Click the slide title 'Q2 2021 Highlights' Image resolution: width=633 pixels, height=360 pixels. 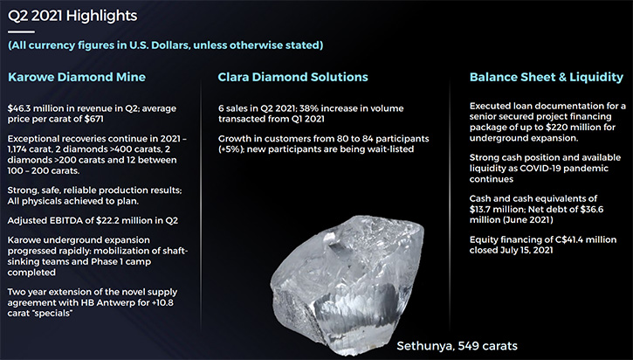coord(72,16)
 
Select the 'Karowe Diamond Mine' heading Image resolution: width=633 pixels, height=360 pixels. coord(77,77)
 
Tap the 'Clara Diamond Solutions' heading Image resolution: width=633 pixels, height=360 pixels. coord(292,77)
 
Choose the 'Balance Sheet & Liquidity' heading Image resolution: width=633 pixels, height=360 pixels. coord(547,77)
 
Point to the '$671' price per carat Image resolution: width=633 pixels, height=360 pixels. coord(94,119)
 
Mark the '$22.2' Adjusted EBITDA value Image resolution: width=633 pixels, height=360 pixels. coord(107,220)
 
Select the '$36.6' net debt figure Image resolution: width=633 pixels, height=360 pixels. coord(592,210)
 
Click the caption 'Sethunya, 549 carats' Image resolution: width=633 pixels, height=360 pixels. coord(457,346)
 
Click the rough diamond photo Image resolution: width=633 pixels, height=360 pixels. coord(347,285)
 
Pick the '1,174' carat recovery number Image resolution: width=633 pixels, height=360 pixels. coord(17,149)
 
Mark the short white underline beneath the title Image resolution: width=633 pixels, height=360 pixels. coord(21,32)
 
